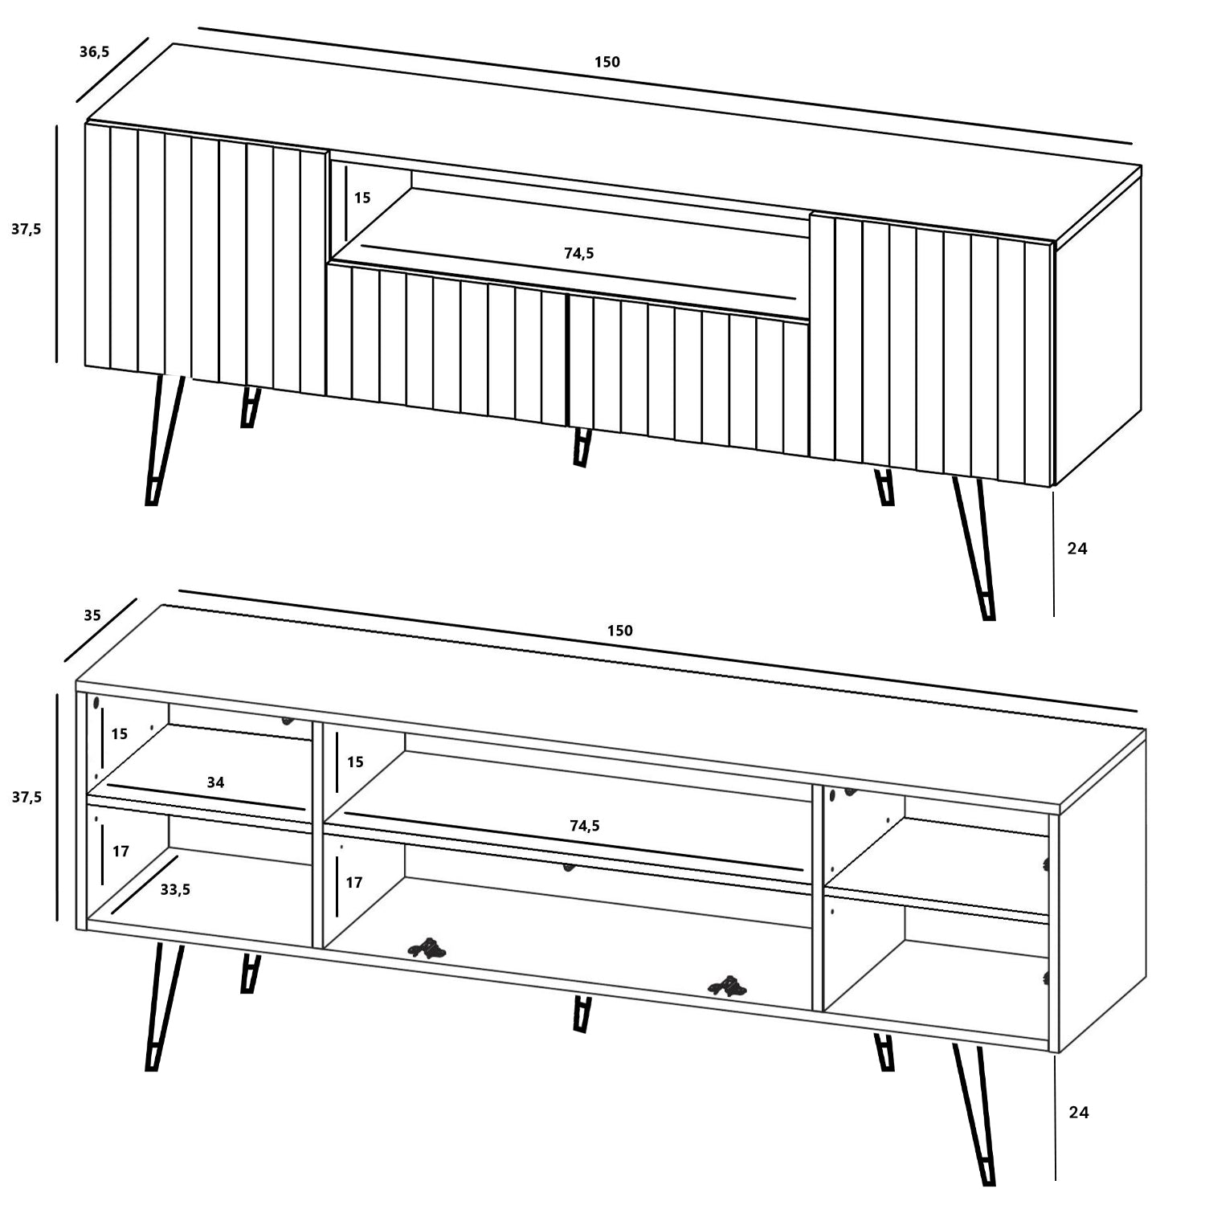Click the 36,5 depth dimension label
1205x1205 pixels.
[x=94, y=53]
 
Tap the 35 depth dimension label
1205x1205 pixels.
[x=92, y=615]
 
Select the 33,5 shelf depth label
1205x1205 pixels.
[x=175, y=889]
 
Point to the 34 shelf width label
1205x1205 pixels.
[x=215, y=782]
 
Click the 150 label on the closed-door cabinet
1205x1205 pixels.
[x=607, y=62]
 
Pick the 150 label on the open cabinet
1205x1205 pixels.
[x=619, y=631]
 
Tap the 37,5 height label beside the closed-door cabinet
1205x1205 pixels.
[x=26, y=229]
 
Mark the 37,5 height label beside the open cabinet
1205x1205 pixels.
[x=26, y=797]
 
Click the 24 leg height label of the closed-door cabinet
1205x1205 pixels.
[x=1077, y=549]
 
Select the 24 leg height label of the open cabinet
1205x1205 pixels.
[x=1079, y=1113]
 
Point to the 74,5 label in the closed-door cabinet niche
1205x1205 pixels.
[x=579, y=253]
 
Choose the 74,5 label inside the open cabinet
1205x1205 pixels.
[x=584, y=826]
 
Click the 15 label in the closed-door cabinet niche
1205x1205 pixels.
[x=362, y=198]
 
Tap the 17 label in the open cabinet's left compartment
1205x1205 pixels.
[x=120, y=852]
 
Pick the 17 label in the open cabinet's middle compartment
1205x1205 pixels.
[x=354, y=882]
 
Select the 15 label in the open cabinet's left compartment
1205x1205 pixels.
[x=120, y=734]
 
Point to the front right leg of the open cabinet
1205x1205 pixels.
[x=974, y=1113]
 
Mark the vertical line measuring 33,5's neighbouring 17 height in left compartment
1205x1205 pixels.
[x=104, y=852]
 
